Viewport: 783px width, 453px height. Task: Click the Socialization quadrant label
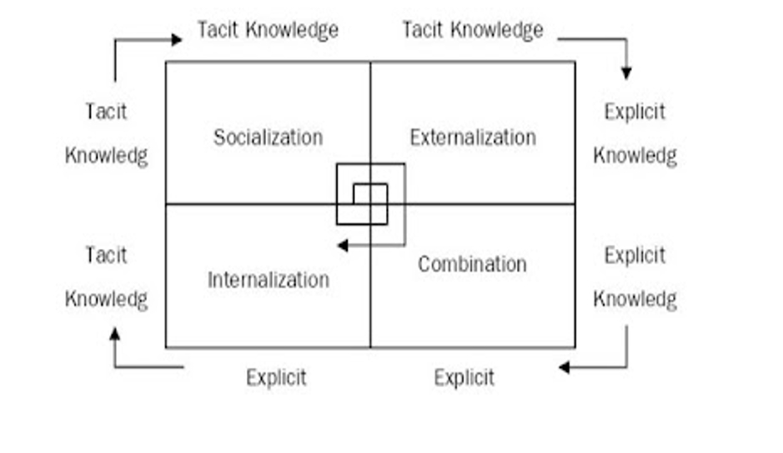coord(268,137)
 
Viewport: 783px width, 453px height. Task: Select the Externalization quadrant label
coord(473,137)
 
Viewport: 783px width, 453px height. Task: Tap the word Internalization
coord(268,280)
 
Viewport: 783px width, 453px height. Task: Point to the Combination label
coord(472,265)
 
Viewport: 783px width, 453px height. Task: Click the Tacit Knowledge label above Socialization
coord(268,31)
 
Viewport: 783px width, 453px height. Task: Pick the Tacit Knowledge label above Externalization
coord(473,31)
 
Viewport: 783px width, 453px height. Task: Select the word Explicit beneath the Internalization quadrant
coord(276,377)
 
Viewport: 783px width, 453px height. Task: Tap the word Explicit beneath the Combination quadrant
coord(464,377)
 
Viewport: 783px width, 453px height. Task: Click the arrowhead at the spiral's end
coord(341,246)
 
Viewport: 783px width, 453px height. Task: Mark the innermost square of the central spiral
coord(370,193)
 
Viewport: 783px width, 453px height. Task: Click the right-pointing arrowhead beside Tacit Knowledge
coord(176,39)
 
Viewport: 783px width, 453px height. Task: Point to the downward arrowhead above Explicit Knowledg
coord(626,73)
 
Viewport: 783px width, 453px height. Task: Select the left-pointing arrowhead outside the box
coord(565,367)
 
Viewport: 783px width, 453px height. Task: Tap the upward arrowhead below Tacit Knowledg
coord(115,333)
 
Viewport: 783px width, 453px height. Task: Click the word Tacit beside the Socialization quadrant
coord(106,112)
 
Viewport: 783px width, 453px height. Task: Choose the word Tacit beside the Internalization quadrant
coord(106,255)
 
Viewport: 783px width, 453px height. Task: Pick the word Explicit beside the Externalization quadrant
coord(635,112)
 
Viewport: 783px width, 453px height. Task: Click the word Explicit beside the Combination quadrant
coord(635,255)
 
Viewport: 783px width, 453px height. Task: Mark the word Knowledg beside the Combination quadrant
coord(635,299)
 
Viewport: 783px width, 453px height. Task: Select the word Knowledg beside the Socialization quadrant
coord(106,156)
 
